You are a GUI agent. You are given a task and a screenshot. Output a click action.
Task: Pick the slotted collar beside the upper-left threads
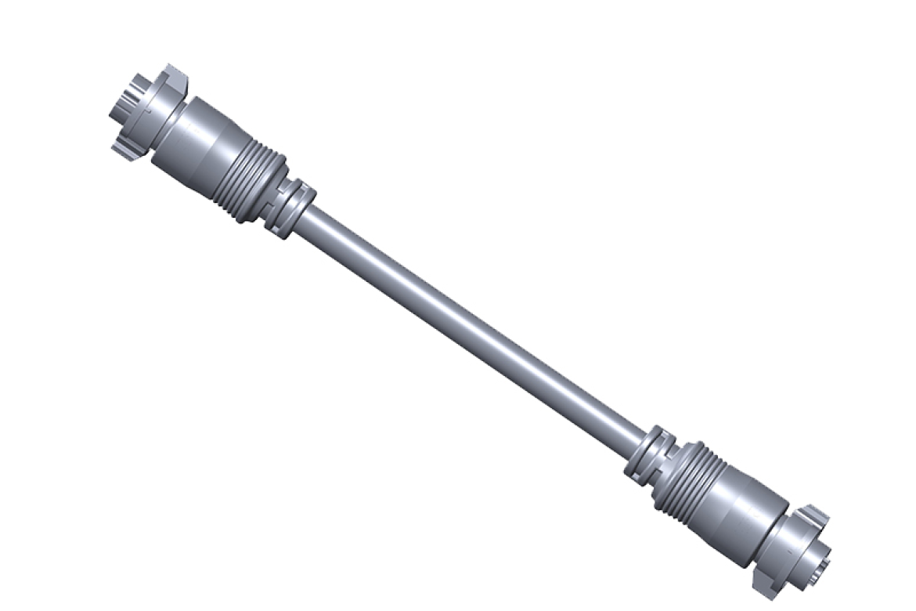coord(290,208)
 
